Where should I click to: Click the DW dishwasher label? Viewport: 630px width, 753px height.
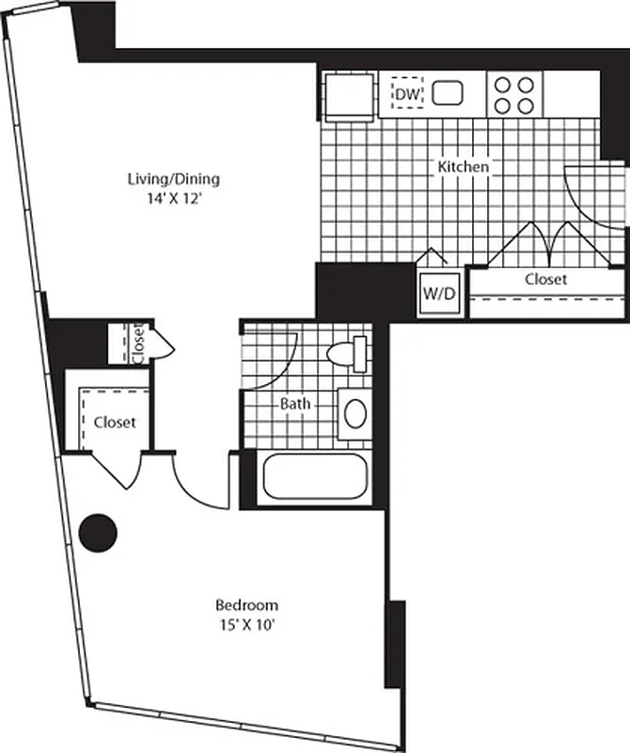pos(406,94)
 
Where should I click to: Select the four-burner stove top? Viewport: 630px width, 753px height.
pos(514,94)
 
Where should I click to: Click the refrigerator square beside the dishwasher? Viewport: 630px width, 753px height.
pos(349,95)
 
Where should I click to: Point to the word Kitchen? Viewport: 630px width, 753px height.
pos(463,167)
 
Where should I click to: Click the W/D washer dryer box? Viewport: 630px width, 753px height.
pos(438,292)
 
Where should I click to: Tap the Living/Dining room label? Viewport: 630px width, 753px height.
pos(179,178)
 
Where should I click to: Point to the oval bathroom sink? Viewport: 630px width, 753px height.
pos(354,412)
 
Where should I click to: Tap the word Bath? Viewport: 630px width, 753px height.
pos(295,404)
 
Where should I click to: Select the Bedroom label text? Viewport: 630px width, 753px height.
pos(246,604)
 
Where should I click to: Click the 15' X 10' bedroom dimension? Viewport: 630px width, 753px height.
pos(246,623)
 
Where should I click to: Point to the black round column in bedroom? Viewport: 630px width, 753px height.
pos(98,534)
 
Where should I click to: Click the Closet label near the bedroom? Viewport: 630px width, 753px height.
pos(114,422)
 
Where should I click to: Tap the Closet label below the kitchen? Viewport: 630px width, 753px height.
pos(545,280)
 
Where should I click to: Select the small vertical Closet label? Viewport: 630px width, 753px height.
pos(137,344)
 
